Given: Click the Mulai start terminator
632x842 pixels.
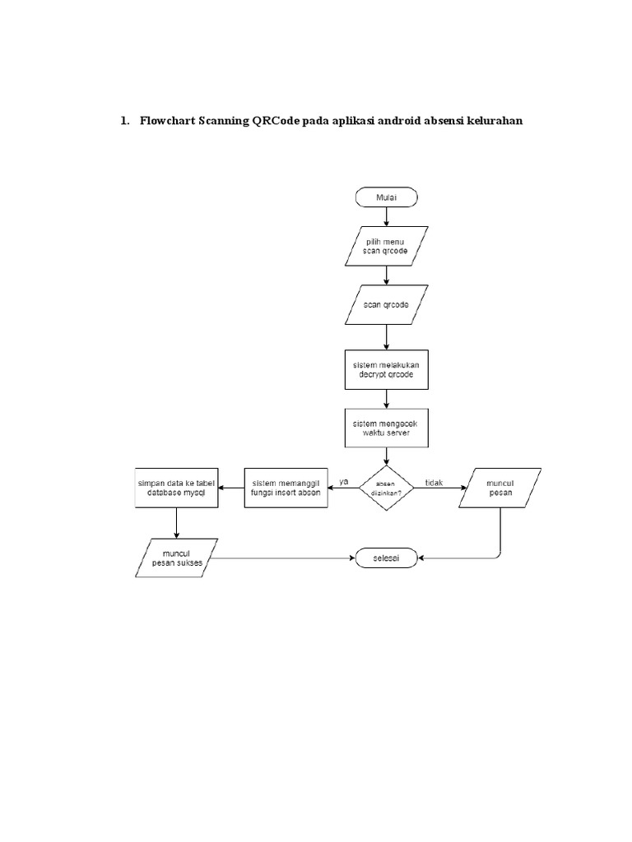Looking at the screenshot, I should coord(387,197).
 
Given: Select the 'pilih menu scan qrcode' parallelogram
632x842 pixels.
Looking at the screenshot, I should coord(387,248).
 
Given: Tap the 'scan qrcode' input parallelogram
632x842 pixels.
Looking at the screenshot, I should coord(387,305).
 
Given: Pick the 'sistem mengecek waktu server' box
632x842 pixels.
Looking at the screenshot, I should coord(387,428).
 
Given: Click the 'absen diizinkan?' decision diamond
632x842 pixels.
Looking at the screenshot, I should coord(386,488).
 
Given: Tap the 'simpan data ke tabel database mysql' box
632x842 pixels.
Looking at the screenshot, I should coord(176,488).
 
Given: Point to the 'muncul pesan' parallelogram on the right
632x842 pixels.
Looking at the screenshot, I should coord(500,488).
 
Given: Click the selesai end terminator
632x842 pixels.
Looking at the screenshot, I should coord(386,558).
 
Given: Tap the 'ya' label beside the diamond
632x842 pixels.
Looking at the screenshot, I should coord(344,481).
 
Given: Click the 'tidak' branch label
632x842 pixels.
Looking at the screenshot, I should coord(434,481).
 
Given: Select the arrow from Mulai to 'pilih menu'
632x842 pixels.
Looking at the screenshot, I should coord(387,216).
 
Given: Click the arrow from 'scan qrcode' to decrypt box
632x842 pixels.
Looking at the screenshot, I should coord(387,337).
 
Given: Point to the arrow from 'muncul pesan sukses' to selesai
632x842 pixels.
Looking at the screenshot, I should coord(280,558).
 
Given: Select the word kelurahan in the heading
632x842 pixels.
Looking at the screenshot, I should coord(493,121).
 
